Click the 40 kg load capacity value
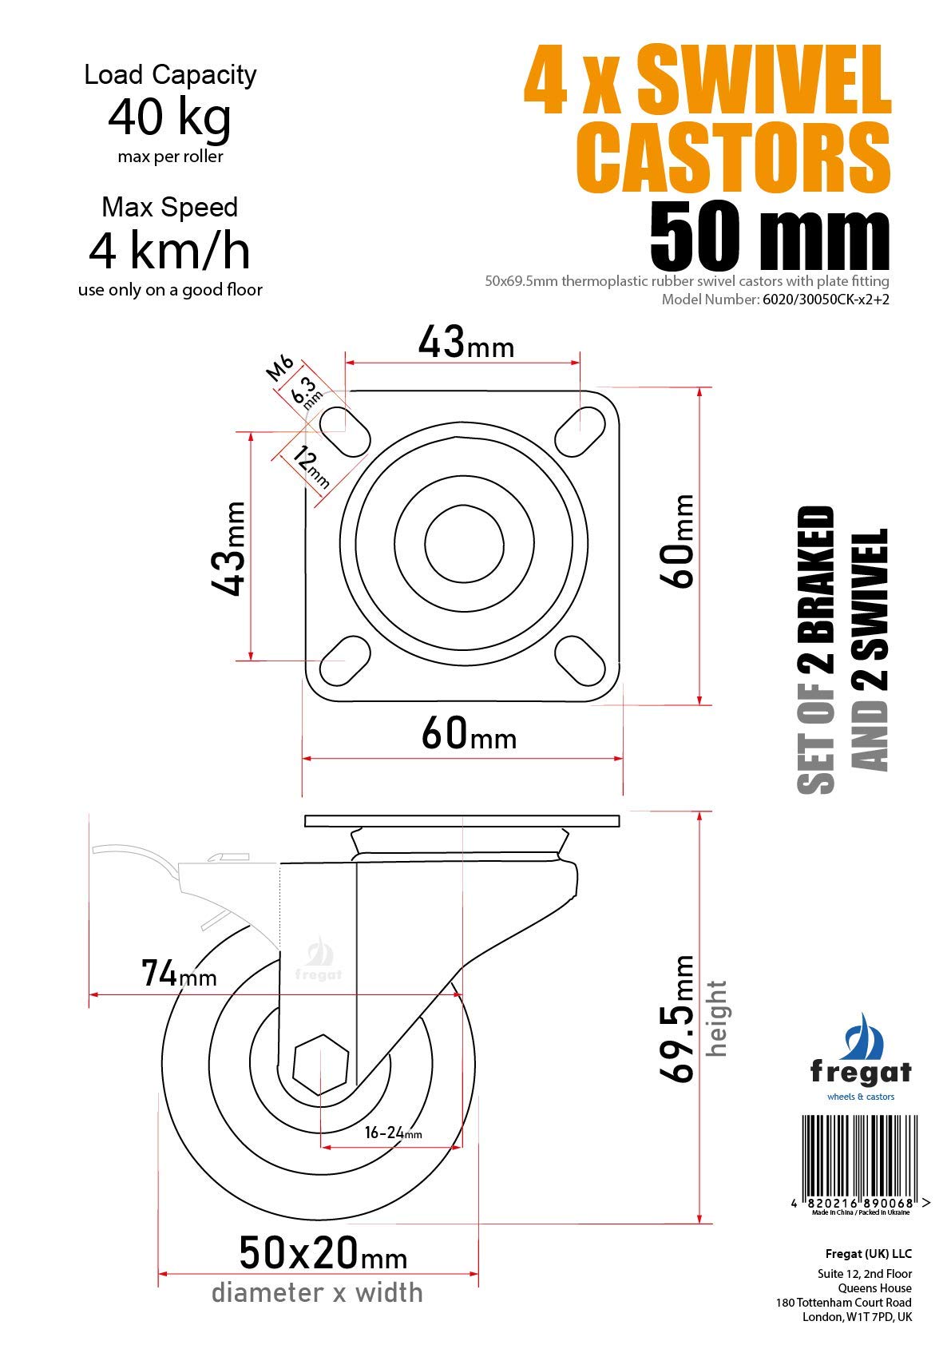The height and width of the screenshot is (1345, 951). pos(169,118)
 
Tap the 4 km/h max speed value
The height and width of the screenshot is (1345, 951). pos(169,252)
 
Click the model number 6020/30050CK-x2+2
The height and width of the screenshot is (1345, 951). pos(826,300)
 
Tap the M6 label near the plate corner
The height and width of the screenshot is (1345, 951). pos(279,368)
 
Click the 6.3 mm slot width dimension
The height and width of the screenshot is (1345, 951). pos(306,393)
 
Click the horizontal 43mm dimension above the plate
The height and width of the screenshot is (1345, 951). pos(466,343)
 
